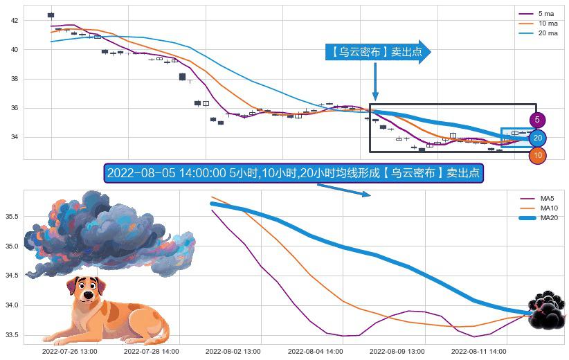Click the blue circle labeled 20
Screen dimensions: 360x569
[x=537, y=138]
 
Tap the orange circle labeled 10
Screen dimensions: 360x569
[x=538, y=156]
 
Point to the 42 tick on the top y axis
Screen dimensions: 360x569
[x=15, y=21]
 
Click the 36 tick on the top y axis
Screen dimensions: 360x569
[x=15, y=108]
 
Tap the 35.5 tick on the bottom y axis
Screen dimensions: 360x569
[x=12, y=217]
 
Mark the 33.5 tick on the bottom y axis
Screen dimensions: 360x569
[x=12, y=335]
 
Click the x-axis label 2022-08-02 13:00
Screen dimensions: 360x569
[x=233, y=352]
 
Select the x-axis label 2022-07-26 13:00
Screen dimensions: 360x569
[x=69, y=352]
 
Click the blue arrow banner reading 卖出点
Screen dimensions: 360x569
[x=377, y=52]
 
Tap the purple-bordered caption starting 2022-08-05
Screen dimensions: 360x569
[x=293, y=173]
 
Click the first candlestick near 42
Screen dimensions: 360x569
[x=51, y=15]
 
